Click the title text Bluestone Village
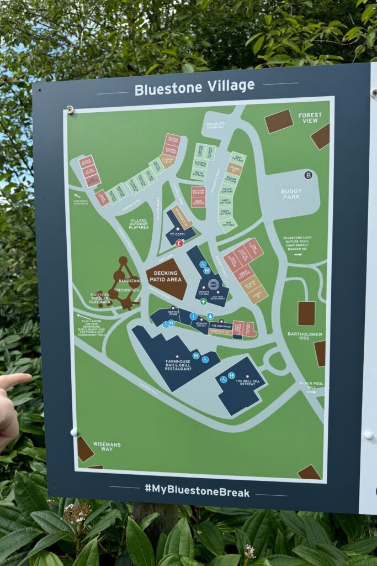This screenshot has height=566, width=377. tap(194, 87)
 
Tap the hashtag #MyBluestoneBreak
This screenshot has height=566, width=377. tap(197, 491)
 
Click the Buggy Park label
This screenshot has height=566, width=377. tap(291, 194)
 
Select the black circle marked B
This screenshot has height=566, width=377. tap(308, 175)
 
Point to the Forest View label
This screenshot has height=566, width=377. tap(310, 118)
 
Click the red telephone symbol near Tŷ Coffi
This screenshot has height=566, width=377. tap(179, 243)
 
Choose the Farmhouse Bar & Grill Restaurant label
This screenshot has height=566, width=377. tap(178, 364)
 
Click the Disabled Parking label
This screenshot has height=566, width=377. tap(215, 125)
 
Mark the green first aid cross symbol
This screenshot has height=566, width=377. tap(203, 301)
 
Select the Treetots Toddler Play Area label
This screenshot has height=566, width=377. tap(100, 299)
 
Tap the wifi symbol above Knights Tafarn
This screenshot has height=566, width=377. tap(214, 285)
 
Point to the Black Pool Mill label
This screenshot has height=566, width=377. tap(307, 386)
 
